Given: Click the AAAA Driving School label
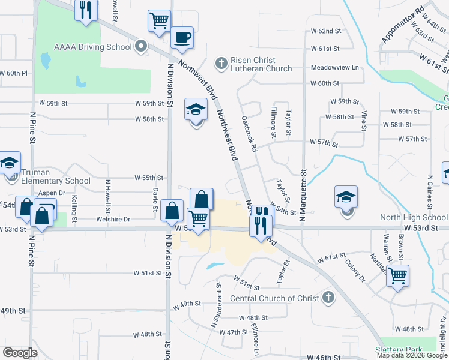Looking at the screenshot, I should click(x=92, y=47).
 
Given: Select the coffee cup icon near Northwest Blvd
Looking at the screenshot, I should click(x=182, y=38).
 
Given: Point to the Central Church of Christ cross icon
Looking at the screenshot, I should click(x=328, y=297).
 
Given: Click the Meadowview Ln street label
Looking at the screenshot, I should click(x=334, y=68).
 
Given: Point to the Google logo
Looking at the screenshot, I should click(x=20, y=352).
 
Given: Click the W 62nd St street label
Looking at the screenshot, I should click(x=325, y=31).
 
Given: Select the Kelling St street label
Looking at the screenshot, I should click(x=74, y=208).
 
